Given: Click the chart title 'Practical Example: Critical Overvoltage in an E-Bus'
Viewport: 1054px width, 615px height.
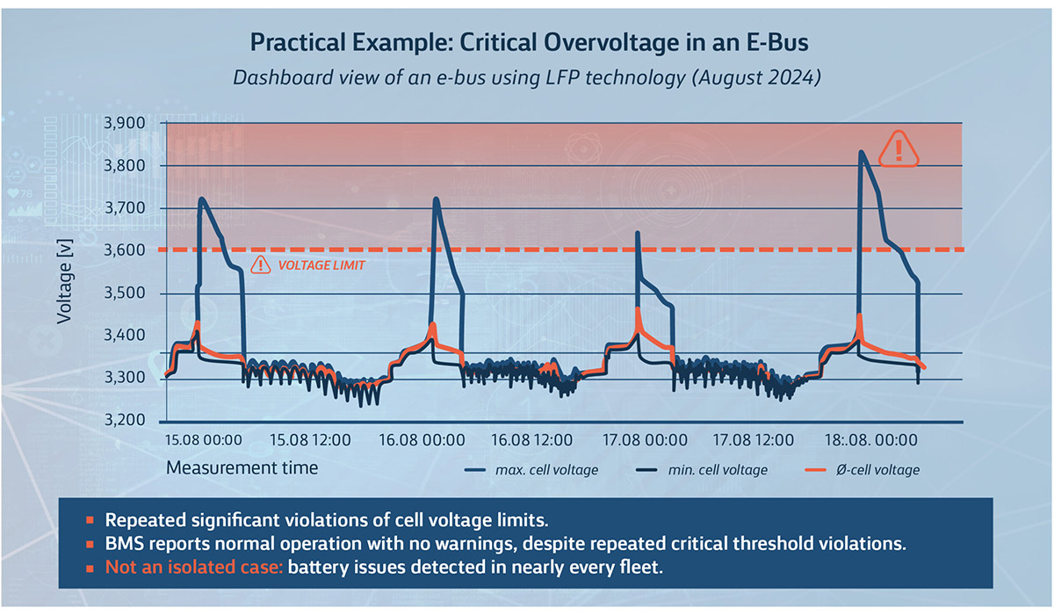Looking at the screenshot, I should (x=527, y=43).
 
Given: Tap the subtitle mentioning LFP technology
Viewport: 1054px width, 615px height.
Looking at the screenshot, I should (x=527, y=77).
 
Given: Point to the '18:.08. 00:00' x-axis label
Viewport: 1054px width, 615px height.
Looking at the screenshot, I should (x=867, y=439).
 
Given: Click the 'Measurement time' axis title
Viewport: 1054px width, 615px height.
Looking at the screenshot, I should (x=242, y=467).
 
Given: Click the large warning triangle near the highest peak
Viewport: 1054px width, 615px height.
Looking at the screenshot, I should (x=898, y=148).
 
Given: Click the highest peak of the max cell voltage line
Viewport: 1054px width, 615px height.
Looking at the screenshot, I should (x=861, y=152).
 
